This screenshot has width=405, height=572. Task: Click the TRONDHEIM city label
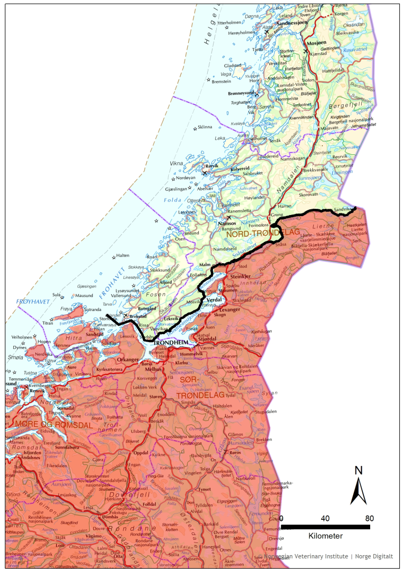tap(171, 343)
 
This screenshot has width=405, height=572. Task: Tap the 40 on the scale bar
tap(325, 518)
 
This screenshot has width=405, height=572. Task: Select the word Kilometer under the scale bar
tap(325, 536)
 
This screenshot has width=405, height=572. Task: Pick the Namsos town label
tap(227, 224)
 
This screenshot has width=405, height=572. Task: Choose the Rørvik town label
tap(211, 166)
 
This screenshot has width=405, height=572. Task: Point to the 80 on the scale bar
tap(369, 518)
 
